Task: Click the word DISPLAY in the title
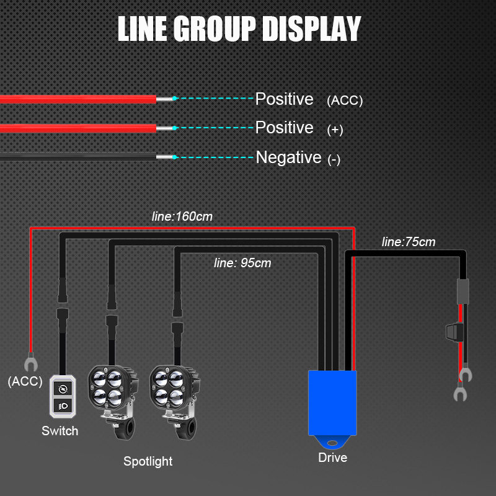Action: tap(312, 29)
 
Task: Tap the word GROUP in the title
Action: tap(214, 29)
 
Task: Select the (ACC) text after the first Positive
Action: tap(345, 100)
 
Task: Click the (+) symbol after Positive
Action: tap(335, 130)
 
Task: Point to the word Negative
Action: tap(288, 157)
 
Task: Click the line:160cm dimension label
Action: tap(182, 216)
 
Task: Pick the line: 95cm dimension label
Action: tap(242, 263)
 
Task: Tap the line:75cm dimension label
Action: tap(409, 242)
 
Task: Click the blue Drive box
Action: tap(332, 402)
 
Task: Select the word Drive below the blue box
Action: tap(333, 458)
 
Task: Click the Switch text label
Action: tap(60, 431)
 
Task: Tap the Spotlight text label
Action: tap(148, 461)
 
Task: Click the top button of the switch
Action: tap(63, 389)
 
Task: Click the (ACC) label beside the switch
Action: tap(25, 381)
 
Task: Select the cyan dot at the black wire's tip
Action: tap(175, 157)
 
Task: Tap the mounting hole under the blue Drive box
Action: tap(332, 443)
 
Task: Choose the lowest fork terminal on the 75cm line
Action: tap(460, 393)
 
